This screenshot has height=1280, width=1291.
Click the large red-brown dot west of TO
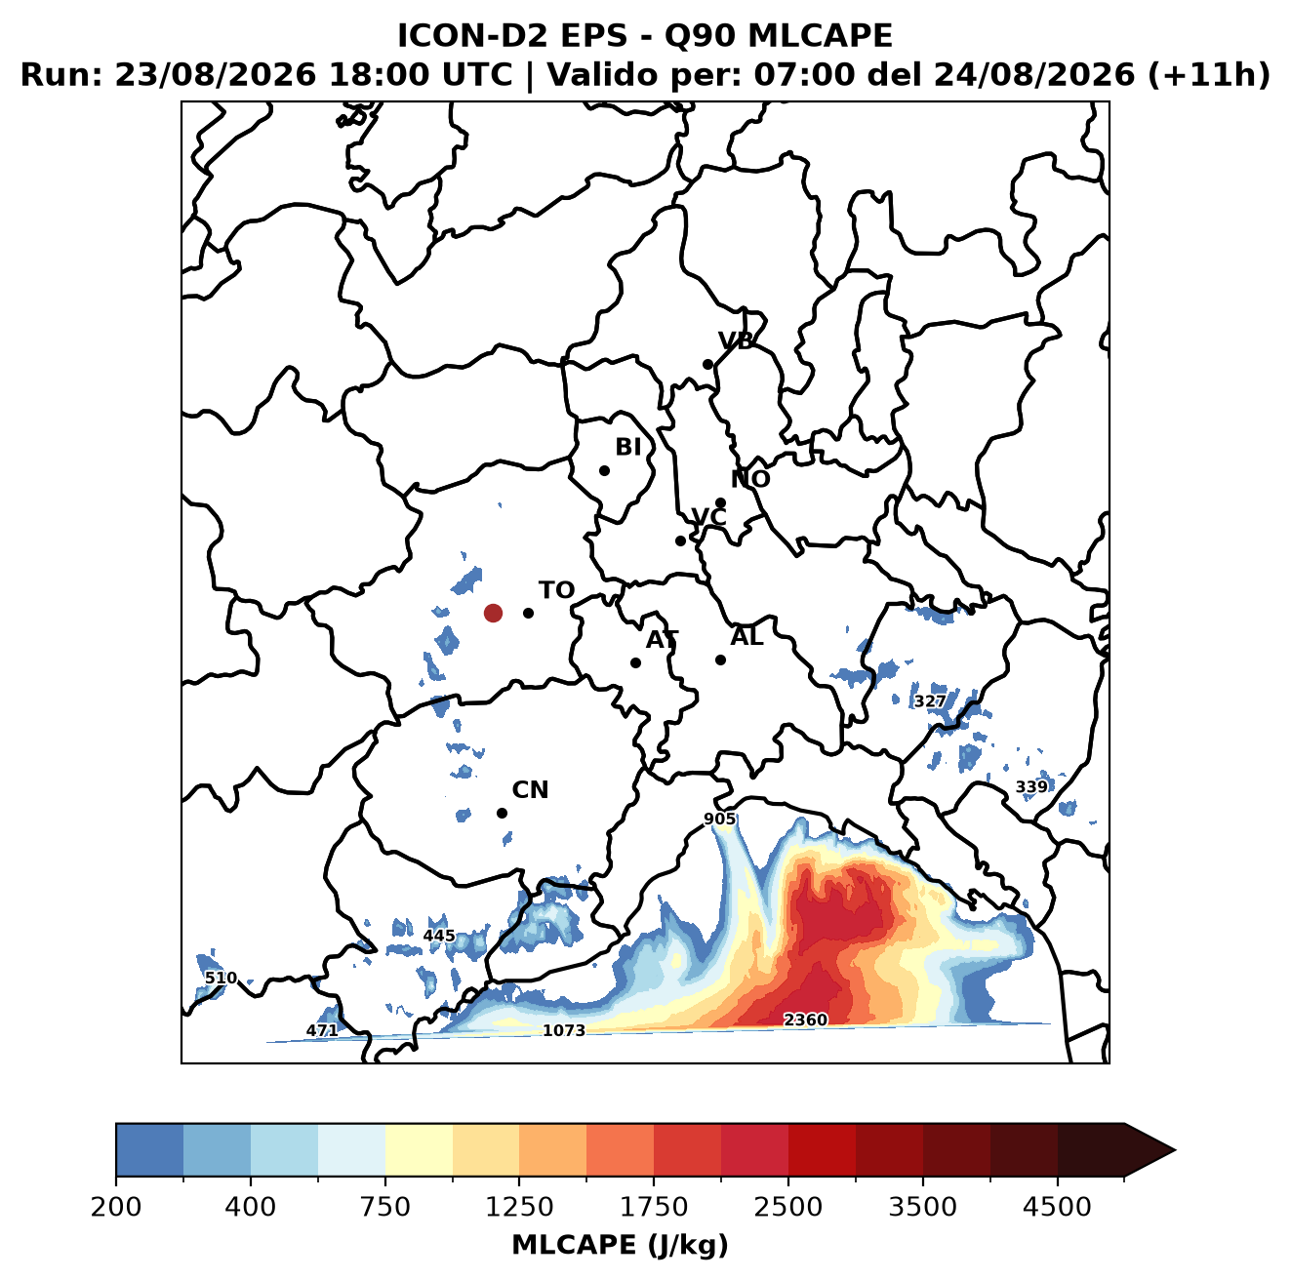493,613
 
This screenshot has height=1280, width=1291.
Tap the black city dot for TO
528,613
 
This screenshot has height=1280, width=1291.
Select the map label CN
530,790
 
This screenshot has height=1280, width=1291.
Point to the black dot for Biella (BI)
604,471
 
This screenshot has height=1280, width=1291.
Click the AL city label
747,636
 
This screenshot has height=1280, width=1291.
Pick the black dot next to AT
635,663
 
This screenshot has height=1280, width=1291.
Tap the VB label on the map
736,340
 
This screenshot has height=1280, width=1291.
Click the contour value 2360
805,1020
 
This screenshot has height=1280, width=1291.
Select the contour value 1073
563,1030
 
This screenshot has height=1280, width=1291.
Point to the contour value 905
719,820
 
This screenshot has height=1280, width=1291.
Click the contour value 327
930,701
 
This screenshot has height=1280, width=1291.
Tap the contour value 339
1031,787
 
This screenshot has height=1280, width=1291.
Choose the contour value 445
439,935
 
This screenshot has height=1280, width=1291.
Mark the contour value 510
221,978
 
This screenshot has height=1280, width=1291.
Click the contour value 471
322,1030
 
